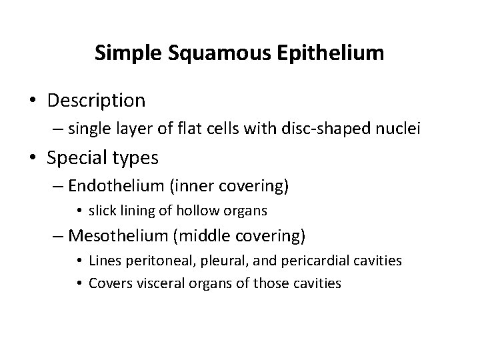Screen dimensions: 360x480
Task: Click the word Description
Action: pos(95,101)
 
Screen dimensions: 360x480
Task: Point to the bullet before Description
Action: pos(32,101)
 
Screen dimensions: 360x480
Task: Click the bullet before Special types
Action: pos(32,158)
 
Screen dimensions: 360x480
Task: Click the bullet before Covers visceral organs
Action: pos(79,283)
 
